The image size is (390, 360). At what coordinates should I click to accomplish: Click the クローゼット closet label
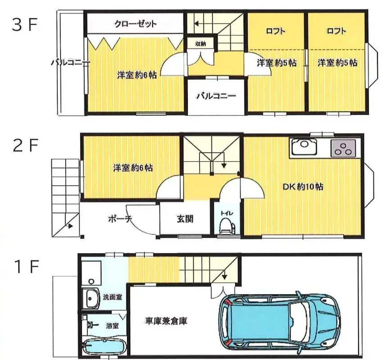(x=136, y=24)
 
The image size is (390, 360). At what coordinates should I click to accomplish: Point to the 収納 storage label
(x=200, y=44)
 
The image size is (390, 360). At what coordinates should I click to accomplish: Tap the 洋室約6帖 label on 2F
(x=132, y=168)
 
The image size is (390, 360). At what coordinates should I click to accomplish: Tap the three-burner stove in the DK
(x=343, y=148)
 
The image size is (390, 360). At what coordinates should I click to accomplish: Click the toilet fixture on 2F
(x=226, y=226)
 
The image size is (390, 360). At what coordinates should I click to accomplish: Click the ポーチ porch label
(x=119, y=219)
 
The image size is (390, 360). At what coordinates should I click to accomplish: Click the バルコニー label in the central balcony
(x=216, y=96)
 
